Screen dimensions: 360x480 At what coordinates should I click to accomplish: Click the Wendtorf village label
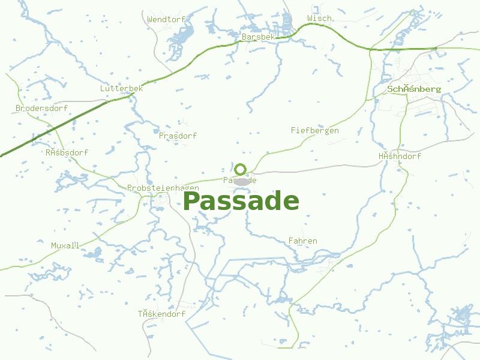(x=166, y=19)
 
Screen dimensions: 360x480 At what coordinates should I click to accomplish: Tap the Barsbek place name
(x=258, y=37)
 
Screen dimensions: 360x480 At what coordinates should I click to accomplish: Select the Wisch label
(x=319, y=19)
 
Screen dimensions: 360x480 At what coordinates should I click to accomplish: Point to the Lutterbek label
(x=121, y=88)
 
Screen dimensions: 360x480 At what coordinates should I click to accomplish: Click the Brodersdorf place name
(x=41, y=109)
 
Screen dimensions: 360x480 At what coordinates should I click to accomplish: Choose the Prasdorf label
(x=178, y=136)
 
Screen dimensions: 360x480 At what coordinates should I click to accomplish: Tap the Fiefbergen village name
(x=314, y=130)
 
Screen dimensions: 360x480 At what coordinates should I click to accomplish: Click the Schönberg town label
(x=414, y=89)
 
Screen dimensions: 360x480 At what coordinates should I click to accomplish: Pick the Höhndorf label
(x=400, y=156)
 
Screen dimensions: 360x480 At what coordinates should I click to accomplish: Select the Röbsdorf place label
(x=67, y=152)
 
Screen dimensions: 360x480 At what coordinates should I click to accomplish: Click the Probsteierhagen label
(x=163, y=188)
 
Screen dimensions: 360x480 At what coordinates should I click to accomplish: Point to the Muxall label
(x=65, y=245)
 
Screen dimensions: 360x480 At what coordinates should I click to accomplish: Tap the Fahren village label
(x=302, y=241)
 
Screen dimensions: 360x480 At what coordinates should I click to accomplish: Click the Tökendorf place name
(x=161, y=314)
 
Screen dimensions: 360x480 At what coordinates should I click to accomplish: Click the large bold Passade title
(x=241, y=201)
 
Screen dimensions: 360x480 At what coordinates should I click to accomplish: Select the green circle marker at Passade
(x=241, y=169)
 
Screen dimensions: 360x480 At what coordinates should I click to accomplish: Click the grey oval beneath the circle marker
(x=241, y=181)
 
